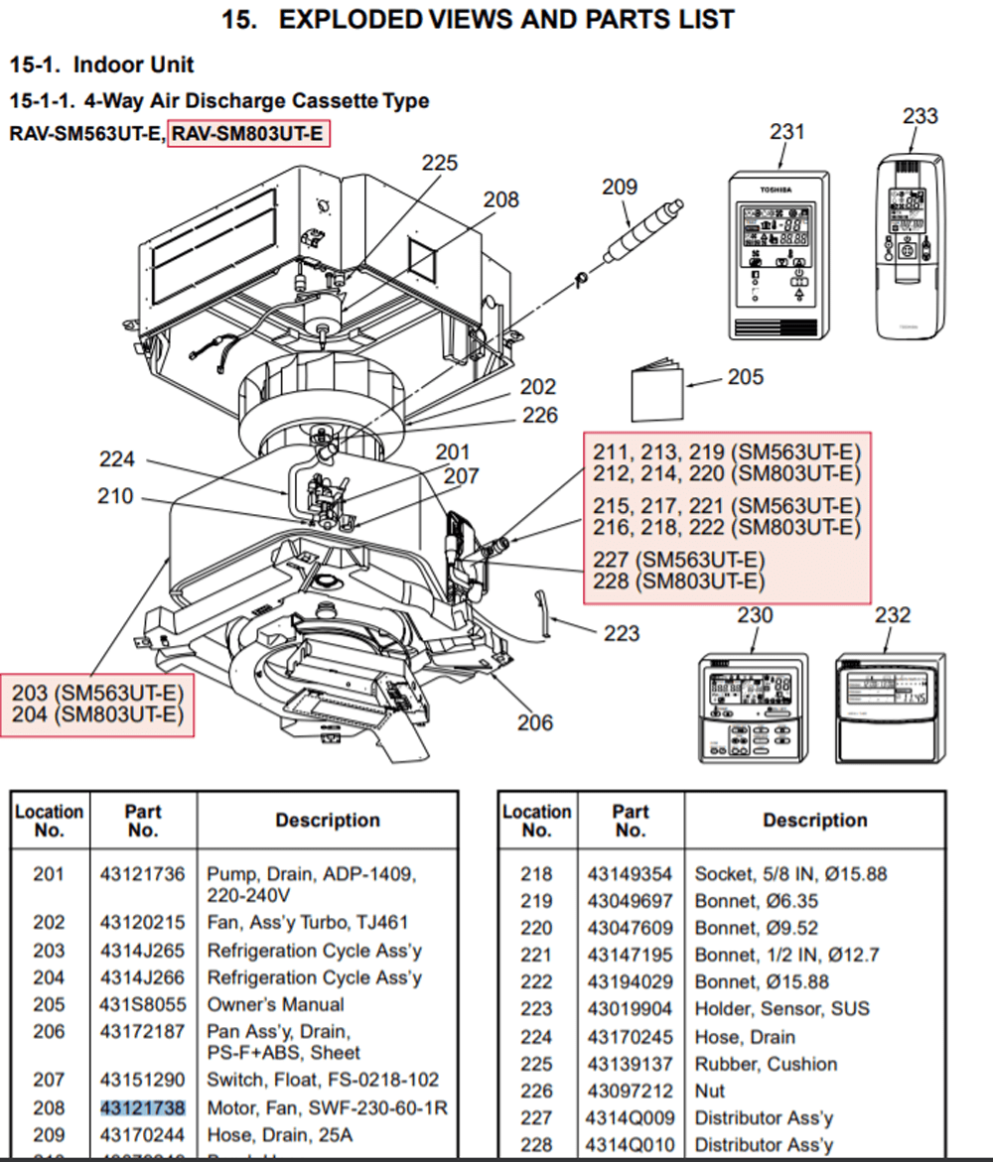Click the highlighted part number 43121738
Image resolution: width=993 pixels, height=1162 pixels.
[142, 1106]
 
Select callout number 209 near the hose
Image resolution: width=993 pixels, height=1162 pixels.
[620, 187]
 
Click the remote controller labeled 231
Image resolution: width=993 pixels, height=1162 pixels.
[778, 256]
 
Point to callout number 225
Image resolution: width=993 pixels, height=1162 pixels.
[440, 163]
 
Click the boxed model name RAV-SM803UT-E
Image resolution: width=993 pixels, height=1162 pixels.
[248, 133]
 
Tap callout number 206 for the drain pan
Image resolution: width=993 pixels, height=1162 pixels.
[534, 722]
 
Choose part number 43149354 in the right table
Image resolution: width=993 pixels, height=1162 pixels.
[630, 874]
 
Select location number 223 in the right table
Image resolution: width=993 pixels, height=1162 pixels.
[535, 1008]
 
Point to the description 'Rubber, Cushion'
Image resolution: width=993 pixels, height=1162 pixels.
[765, 1064]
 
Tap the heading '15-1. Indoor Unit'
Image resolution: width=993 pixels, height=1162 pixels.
[102, 65]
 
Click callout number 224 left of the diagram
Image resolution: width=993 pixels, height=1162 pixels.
[117, 459]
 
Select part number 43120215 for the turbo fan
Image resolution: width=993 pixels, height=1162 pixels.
[142, 922]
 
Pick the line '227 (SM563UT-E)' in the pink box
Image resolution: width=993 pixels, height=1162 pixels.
[679, 560]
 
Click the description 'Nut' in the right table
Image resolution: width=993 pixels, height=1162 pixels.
[710, 1091]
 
